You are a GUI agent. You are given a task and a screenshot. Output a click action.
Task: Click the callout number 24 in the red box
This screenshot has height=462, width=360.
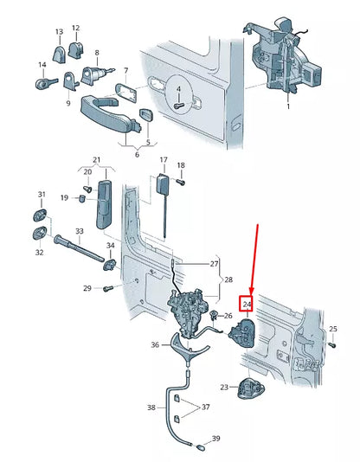[x=247, y=305]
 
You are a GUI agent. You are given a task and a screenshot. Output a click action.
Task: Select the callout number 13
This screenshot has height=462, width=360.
[x=59, y=32]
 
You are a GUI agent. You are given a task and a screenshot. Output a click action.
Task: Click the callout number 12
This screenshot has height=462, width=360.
[x=75, y=29]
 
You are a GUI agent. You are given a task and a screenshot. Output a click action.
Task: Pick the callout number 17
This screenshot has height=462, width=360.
[x=162, y=161]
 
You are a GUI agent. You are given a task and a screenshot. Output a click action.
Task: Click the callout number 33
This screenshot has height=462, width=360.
[x=79, y=231]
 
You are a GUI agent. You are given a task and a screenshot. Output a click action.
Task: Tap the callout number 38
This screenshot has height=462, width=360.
[x=151, y=407]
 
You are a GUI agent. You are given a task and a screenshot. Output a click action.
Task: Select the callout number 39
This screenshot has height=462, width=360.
[x=215, y=439]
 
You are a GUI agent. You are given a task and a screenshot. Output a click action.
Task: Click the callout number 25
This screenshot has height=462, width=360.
[x=334, y=329]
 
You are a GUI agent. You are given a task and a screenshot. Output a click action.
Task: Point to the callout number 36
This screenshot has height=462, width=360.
[x=154, y=344]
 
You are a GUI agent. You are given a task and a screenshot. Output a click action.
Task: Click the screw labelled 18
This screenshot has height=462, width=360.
[x=181, y=182]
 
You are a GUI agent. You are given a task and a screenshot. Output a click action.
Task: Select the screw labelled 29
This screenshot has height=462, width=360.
[x=106, y=289]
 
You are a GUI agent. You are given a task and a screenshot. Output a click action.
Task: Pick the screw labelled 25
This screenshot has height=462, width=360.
[x=331, y=343]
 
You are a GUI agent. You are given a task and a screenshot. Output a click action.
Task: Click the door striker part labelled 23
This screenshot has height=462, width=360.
[x=252, y=388]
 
